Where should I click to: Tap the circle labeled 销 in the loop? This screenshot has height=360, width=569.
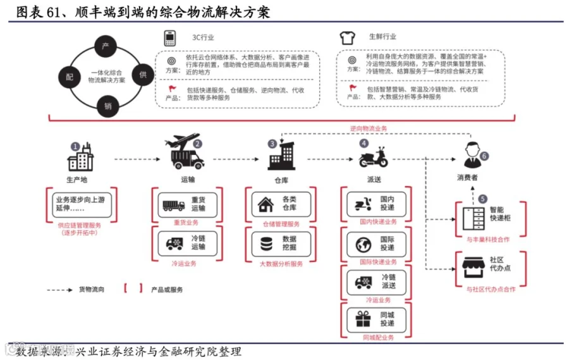coord(107,106)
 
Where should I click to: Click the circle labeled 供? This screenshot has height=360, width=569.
coord(142,75)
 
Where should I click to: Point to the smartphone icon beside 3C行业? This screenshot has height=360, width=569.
coord(169,38)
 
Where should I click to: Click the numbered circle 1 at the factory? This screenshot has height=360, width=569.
coord(75,146)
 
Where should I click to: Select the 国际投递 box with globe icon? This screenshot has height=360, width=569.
coord(376,244)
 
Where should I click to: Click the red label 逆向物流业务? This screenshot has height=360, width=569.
coord(369,128)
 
